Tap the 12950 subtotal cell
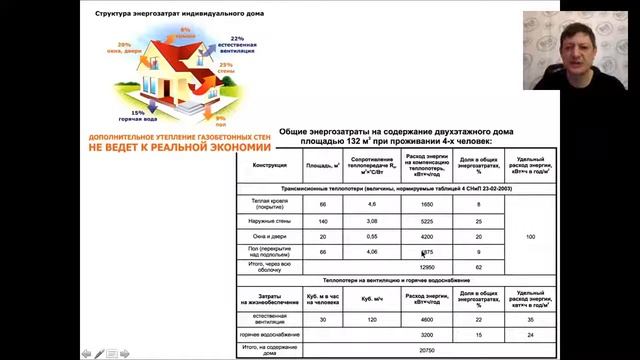pos(427,268)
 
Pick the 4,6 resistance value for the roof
pos(371,204)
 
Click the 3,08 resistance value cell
pos(371,221)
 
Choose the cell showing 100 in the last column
pos(531,237)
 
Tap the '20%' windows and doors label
pos(123,46)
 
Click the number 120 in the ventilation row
pos(371,319)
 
